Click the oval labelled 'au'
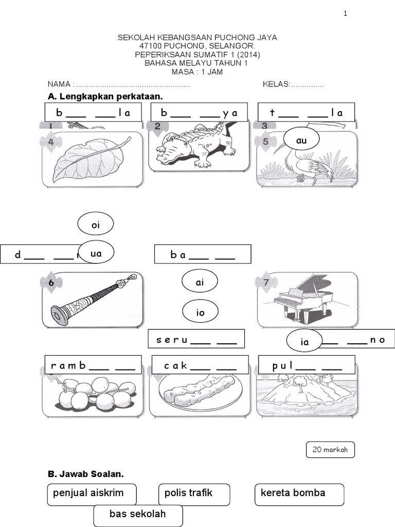point(301,139)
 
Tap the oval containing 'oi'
point(95,224)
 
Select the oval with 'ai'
point(200,282)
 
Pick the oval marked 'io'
point(200,311)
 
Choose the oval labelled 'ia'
point(304,340)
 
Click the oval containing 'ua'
point(96,253)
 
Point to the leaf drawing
point(92,157)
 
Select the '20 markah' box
point(330,449)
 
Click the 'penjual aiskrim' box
point(92,494)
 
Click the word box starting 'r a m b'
point(93,366)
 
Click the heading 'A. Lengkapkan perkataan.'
point(105,97)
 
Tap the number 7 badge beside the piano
point(265,282)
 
